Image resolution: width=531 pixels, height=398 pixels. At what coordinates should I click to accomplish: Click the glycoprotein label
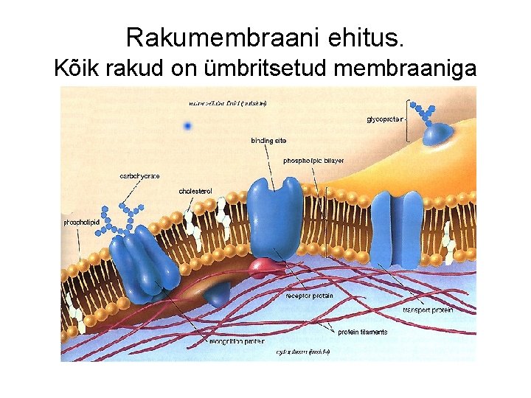pos(384,119)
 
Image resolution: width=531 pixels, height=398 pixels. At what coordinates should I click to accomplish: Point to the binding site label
pos(268,139)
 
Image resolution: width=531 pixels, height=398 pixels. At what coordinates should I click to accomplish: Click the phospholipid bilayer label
pos(313,160)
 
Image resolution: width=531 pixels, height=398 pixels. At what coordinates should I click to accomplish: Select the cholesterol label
pos(195,192)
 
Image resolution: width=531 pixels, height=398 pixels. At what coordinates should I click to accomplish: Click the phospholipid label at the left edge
pos(81,221)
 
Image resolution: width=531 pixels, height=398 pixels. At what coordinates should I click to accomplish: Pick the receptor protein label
pos(309,296)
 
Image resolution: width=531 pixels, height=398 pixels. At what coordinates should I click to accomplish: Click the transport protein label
pos(427,310)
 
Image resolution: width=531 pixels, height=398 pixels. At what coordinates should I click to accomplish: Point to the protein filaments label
pos(362,332)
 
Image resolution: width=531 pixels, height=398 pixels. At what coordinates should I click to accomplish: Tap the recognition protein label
pos(236,342)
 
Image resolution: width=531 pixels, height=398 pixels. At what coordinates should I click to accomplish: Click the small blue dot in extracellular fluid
pos(187,126)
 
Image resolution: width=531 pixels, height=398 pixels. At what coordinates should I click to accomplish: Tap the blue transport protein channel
pos(396,229)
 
